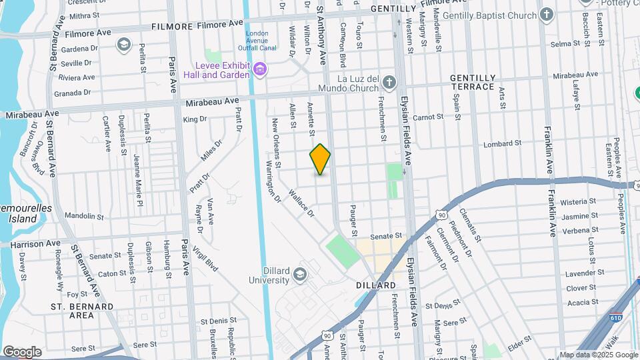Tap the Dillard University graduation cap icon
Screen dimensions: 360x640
click(x=300, y=274)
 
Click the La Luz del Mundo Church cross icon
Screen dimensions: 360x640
click(x=389, y=83)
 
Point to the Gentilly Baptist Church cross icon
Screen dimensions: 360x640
click(x=547, y=15)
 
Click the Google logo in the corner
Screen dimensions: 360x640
click(x=22, y=351)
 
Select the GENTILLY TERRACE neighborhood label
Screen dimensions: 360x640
click(x=472, y=82)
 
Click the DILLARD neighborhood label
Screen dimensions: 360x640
click(x=376, y=285)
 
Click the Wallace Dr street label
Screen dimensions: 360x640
click(x=301, y=203)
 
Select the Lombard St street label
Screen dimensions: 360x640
click(x=501, y=144)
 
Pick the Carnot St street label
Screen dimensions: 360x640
click(x=428, y=117)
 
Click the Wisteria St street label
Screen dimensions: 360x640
click(x=578, y=201)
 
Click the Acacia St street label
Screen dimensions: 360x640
click(x=578, y=302)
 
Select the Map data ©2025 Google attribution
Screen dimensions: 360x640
click(x=599, y=355)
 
